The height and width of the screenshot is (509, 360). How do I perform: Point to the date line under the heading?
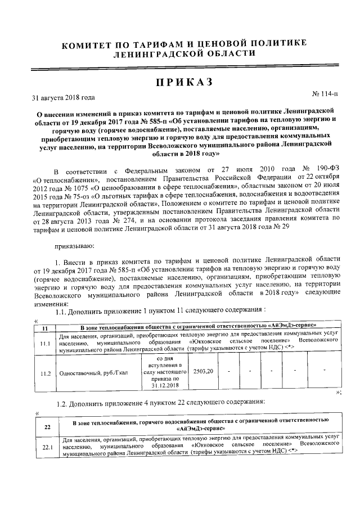(63, 97)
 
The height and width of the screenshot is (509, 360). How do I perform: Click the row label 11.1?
(44, 341)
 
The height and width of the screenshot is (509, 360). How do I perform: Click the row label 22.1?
(47, 447)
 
